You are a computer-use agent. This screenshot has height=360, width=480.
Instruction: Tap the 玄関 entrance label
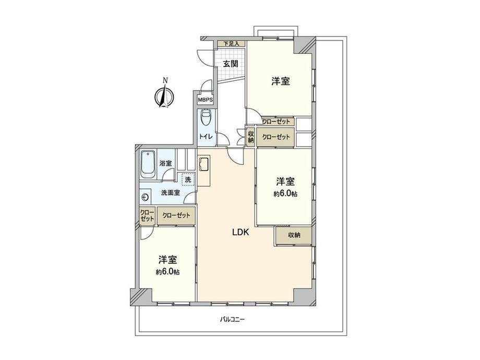(x=231, y=64)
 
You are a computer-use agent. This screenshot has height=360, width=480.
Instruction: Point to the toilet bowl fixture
(x=205, y=118)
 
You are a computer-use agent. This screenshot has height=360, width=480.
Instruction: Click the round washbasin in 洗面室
(x=146, y=197)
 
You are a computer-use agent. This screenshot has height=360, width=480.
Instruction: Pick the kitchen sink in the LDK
(x=203, y=164)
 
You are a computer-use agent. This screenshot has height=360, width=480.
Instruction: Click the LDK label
(x=241, y=233)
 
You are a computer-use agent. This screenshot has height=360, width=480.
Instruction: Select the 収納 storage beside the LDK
(x=294, y=235)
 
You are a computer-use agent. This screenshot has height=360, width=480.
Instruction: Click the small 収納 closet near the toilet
(x=250, y=137)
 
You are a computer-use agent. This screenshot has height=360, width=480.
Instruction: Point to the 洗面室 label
(x=170, y=193)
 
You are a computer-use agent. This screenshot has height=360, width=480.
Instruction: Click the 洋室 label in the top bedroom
(x=281, y=81)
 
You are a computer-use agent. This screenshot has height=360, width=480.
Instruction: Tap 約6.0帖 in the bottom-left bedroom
(x=167, y=272)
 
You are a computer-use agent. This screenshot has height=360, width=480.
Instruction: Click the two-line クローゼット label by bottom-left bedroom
(x=147, y=215)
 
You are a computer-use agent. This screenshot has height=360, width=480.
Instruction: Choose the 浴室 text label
(x=165, y=163)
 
